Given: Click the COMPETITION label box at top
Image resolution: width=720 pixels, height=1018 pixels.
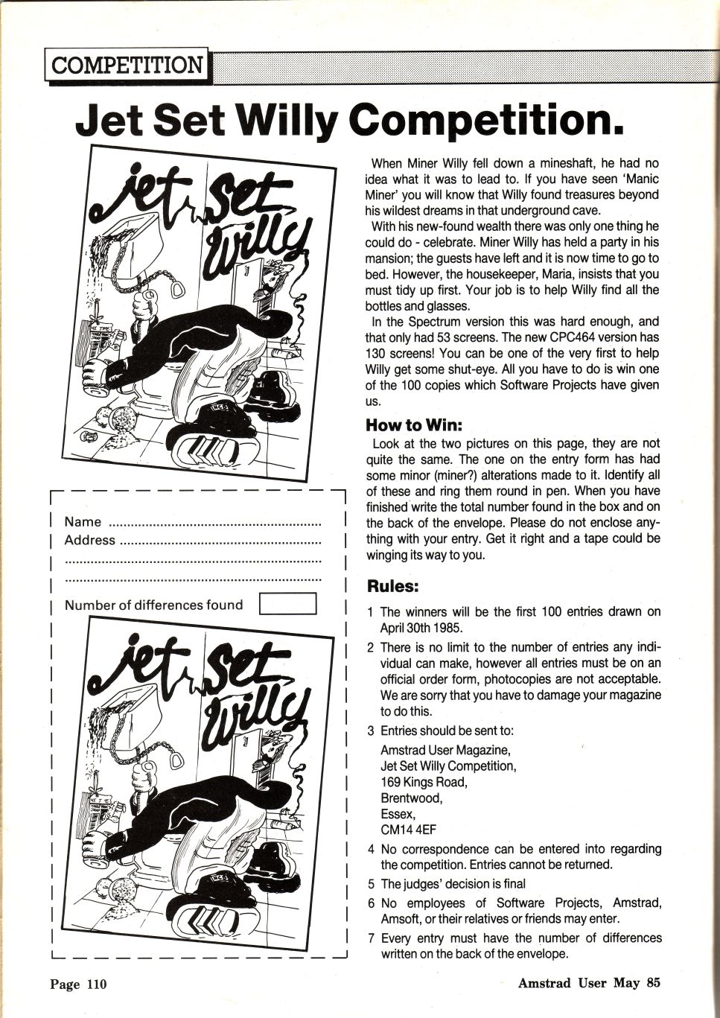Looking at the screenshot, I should tap(127, 65).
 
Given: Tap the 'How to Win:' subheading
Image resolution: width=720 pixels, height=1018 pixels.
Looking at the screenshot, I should tap(414, 425).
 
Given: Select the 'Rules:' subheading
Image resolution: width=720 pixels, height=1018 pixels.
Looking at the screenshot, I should tap(393, 586).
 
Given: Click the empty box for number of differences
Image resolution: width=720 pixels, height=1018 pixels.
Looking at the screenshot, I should tap(287, 604).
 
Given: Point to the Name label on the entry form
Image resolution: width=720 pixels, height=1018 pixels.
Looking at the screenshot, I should tap(83, 522).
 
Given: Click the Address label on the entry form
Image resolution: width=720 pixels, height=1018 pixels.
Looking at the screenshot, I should tap(89, 540).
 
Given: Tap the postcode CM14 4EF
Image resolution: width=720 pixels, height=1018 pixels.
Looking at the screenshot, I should tap(408, 830).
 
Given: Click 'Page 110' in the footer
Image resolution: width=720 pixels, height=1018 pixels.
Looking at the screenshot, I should tap(78, 984).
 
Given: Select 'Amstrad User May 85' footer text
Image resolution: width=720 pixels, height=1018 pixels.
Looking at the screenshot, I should tap(589, 983).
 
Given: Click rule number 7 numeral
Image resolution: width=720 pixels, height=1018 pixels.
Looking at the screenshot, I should tap(370, 938).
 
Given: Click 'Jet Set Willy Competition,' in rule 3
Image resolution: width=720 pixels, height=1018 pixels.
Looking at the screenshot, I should tap(447, 766).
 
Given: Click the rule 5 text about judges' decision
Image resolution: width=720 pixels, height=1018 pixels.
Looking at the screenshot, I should tap(453, 884).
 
